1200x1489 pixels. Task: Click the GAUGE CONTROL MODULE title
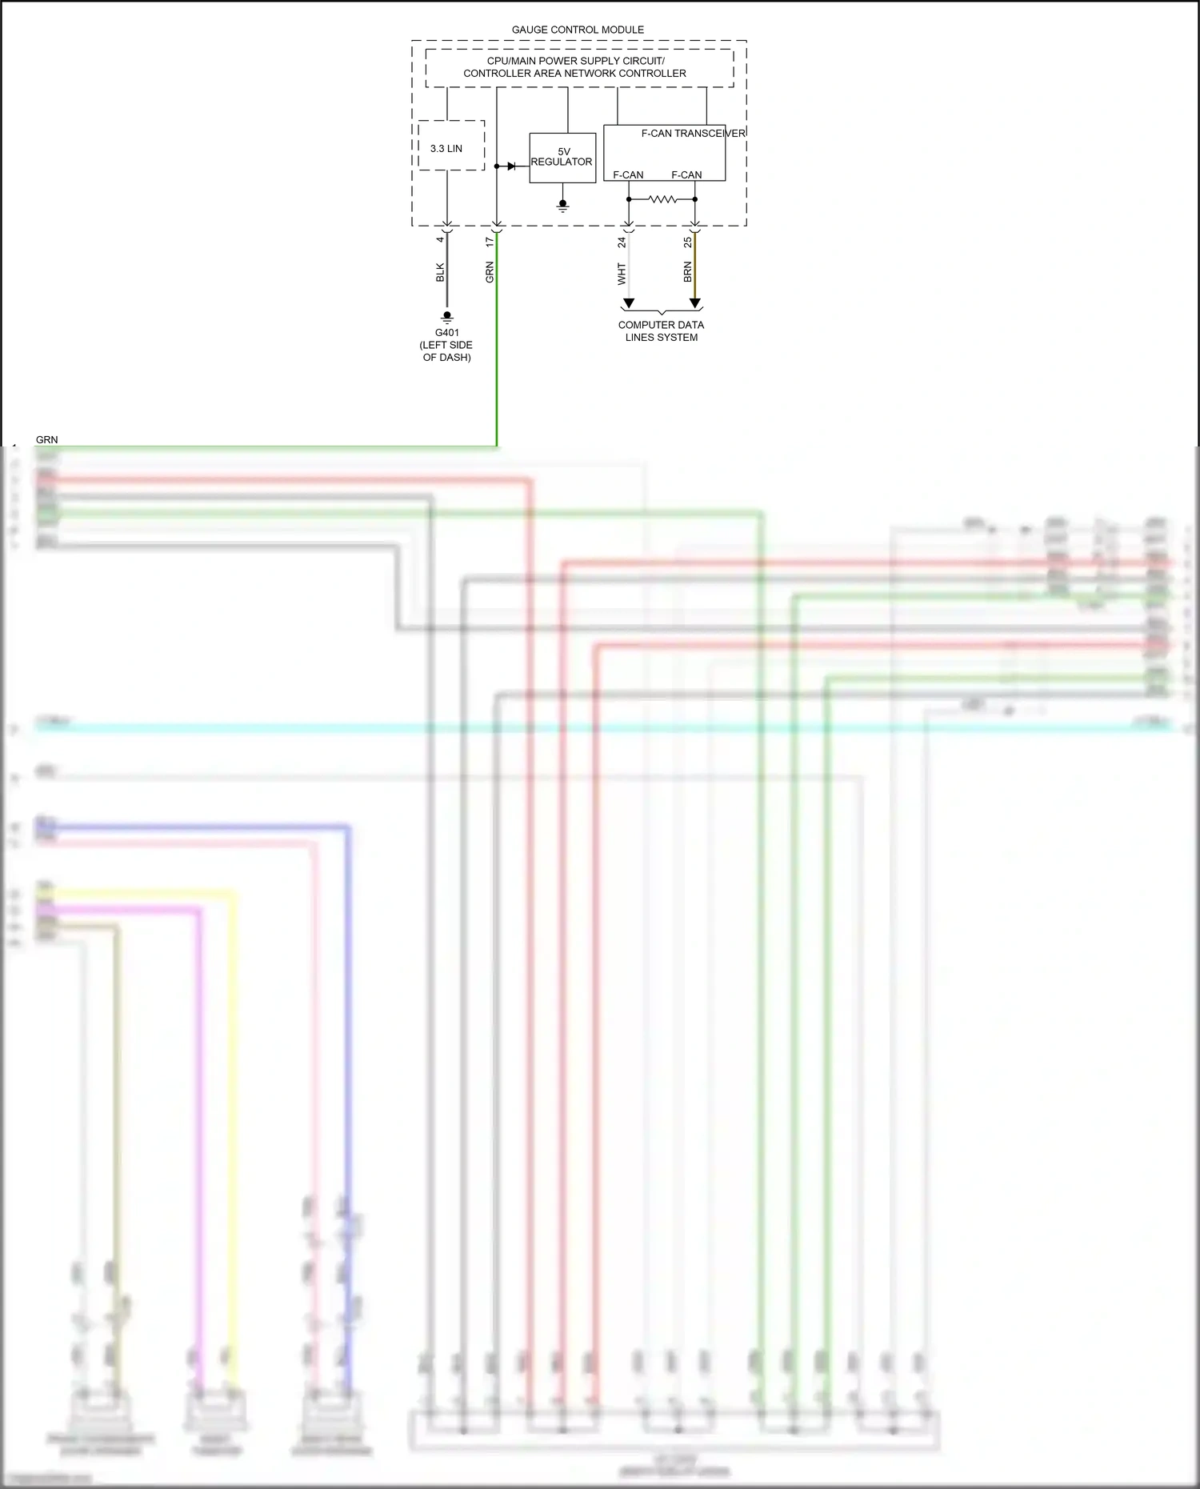(578, 30)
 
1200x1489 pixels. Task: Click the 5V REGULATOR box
(562, 158)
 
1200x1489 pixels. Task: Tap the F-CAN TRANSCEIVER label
(693, 134)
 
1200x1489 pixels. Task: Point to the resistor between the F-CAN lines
(662, 199)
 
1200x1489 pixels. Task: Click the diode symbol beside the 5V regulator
(511, 166)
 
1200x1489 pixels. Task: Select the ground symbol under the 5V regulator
(563, 206)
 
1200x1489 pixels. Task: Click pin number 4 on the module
(440, 240)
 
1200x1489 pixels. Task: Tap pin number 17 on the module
(490, 241)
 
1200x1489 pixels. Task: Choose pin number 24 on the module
(622, 242)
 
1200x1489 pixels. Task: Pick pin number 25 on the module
(688, 242)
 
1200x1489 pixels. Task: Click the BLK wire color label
(440, 272)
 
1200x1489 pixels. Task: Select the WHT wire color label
(622, 274)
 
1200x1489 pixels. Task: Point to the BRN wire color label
(688, 272)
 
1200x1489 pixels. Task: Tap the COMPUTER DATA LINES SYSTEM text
(661, 330)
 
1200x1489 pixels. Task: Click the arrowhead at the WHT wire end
(629, 303)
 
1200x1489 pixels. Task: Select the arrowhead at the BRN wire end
(695, 303)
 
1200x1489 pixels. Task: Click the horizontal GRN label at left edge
(46, 439)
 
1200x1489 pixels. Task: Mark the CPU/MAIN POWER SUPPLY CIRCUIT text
(575, 61)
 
